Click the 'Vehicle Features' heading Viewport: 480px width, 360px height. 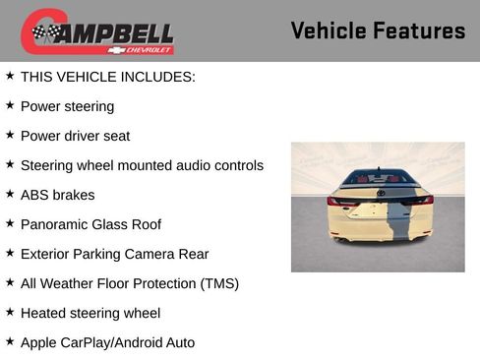pyautogui.click(x=378, y=31)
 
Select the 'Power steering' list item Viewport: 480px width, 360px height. pyautogui.click(x=67, y=106)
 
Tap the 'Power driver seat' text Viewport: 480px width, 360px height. pyautogui.click(x=75, y=136)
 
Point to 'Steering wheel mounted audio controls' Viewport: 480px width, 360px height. pyautogui.click(x=142, y=165)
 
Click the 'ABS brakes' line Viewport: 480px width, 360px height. pyautogui.click(x=58, y=195)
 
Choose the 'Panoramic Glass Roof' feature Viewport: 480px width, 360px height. pyautogui.click(x=90, y=224)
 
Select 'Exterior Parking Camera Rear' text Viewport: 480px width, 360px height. pyautogui.click(x=114, y=254)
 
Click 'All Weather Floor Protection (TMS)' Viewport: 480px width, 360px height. pyautogui.click(x=129, y=283)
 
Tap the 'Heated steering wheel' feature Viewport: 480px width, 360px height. pyautogui.click(x=90, y=313)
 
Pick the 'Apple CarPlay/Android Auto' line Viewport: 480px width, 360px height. pyautogui.click(x=107, y=342)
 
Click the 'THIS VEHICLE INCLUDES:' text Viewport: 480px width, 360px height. pyautogui.click(x=107, y=76)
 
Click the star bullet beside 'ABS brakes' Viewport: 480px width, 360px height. pyautogui.click(x=10, y=194)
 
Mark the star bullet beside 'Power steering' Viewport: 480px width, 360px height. pyautogui.click(x=10, y=105)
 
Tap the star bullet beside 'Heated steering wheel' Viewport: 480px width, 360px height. pyautogui.click(x=10, y=312)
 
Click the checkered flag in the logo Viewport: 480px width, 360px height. pyautogui.click(x=45, y=32)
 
